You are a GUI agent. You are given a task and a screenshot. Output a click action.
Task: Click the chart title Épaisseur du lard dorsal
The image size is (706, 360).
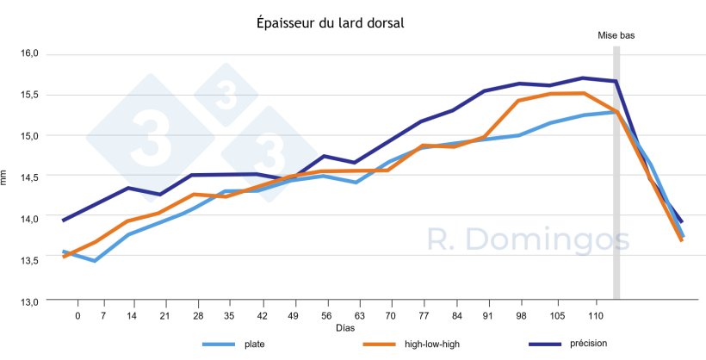(331, 23)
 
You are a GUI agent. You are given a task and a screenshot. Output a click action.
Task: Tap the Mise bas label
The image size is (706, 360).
(616, 35)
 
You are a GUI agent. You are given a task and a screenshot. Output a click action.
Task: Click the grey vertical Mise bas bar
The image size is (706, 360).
(616, 172)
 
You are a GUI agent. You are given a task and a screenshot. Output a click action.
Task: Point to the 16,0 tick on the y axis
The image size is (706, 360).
(29, 53)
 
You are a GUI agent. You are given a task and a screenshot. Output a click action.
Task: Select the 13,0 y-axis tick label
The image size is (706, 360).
(29, 301)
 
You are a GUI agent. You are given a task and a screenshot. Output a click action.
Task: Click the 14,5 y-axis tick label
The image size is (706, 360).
(29, 177)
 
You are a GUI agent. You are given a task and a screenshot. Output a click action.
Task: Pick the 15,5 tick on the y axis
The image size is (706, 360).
(29, 95)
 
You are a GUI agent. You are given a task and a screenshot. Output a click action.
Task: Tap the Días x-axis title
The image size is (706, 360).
(345, 328)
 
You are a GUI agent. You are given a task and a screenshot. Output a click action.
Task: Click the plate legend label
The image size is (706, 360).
(254, 345)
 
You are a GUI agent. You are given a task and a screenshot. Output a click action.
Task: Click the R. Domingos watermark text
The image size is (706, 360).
(529, 240)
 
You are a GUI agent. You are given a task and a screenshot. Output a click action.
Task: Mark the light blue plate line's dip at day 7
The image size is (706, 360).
(94, 260)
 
